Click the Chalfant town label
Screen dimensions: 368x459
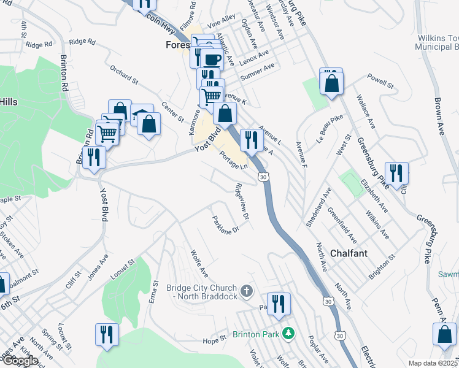tap(349, 253)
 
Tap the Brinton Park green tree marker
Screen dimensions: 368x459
tap(286, 334)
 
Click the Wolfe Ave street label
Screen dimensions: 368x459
tap(199, 262)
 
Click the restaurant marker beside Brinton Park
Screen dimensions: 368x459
tap(279, 304)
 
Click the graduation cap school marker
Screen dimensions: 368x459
tap(142, 115)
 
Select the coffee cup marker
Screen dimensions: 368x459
tap(212, 59)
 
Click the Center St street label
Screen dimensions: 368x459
tap(172, 111)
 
